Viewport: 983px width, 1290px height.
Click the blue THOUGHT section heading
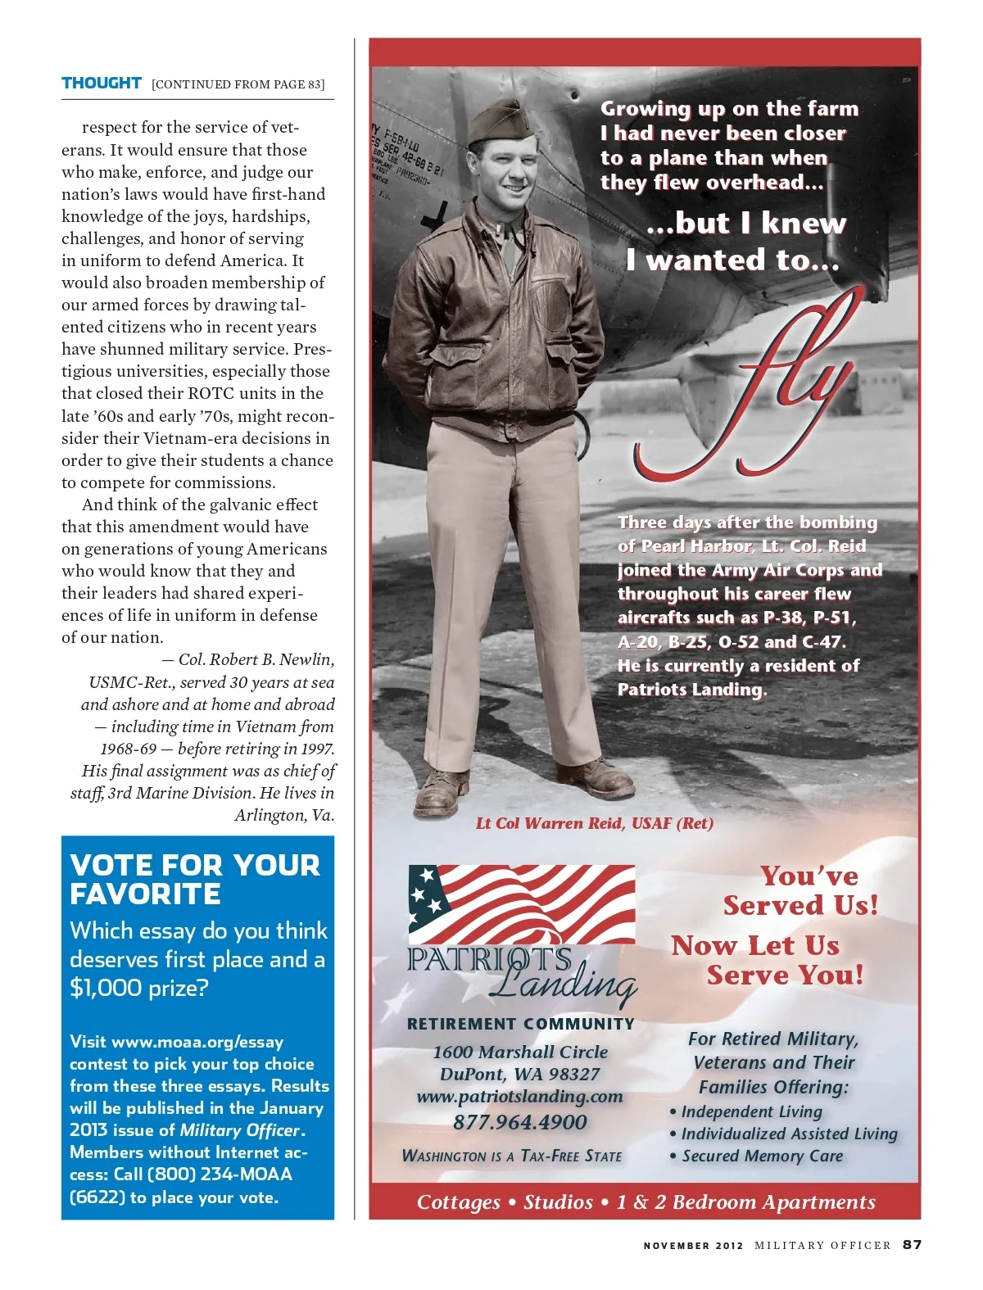[102, 83]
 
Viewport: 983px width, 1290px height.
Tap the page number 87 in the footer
[913, 1244]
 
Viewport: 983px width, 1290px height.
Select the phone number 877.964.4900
[520, 1122]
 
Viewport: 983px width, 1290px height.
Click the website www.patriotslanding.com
[519, 1096]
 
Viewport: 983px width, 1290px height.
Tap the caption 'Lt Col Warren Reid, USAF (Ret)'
[594, 823]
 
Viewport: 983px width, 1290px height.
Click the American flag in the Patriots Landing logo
[522, 905]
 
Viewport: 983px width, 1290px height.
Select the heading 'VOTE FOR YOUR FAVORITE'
[195, 879]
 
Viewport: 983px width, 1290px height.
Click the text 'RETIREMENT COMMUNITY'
[521, 1024]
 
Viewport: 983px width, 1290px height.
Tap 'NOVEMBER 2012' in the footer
[693, 1245]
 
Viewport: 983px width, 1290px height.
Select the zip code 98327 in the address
[572, 1074]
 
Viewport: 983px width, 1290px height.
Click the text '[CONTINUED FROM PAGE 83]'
[238, 84]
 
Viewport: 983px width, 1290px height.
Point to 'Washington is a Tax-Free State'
[512, 1156]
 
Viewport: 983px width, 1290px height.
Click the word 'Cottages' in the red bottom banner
[458, 1202]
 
